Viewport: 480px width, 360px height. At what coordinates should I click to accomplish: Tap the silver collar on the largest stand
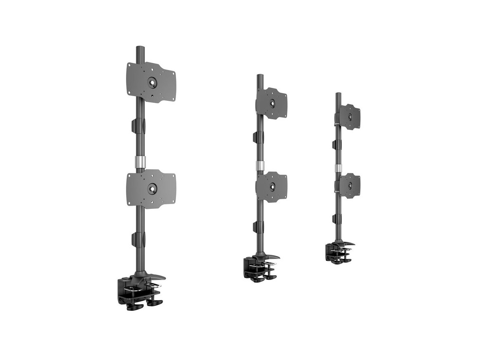pos(140,162)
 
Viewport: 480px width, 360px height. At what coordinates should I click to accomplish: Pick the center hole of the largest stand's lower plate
pos(152,186)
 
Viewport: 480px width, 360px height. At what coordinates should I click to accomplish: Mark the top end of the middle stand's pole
pos(260,76)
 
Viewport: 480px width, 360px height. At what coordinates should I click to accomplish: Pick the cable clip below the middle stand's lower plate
pos(256,227)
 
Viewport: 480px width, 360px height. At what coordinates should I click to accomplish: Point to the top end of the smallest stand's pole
pos(338,94)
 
